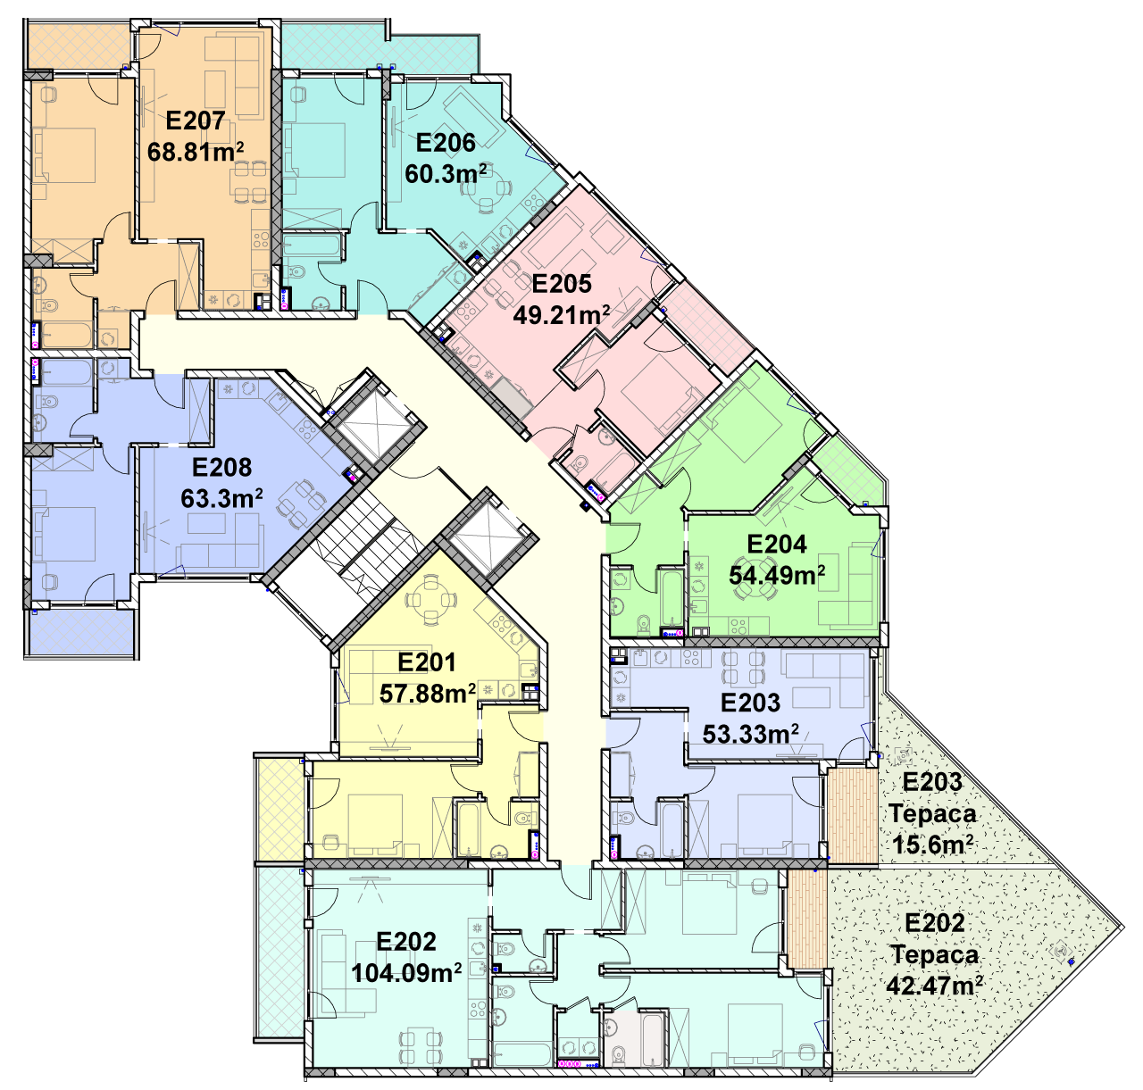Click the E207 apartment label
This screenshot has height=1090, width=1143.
(196, 121)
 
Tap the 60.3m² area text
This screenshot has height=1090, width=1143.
(446, 174)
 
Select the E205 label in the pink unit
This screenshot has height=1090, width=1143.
(562, 284)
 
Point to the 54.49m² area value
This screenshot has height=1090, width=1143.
(777, 575)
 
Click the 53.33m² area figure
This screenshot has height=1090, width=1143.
(750, 734)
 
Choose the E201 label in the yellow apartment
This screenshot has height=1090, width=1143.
(426, 662)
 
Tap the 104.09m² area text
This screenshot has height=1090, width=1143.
(406, 988)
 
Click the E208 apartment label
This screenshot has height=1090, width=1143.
(221, 468)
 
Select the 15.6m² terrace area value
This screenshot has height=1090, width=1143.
(932, 845)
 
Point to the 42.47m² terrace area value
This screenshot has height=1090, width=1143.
(934, 985)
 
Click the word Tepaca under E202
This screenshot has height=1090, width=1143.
(934, 954)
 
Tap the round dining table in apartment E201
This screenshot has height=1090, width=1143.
(430, 600)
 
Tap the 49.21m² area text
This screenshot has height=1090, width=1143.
(561, 315)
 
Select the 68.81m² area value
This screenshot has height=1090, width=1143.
(196, 152)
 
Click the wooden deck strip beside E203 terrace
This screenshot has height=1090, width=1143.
(852, 815)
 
